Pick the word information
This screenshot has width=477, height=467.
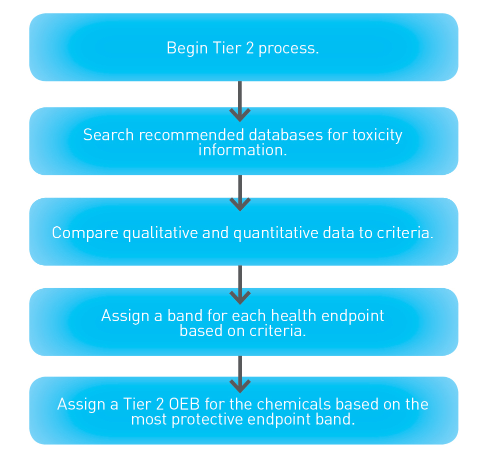242,150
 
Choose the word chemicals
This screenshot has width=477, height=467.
294,404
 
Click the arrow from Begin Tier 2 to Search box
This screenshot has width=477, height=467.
240,101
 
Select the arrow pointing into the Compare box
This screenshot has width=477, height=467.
240,192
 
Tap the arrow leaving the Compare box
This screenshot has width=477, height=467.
240,284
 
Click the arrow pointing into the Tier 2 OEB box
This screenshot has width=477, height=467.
240,374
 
